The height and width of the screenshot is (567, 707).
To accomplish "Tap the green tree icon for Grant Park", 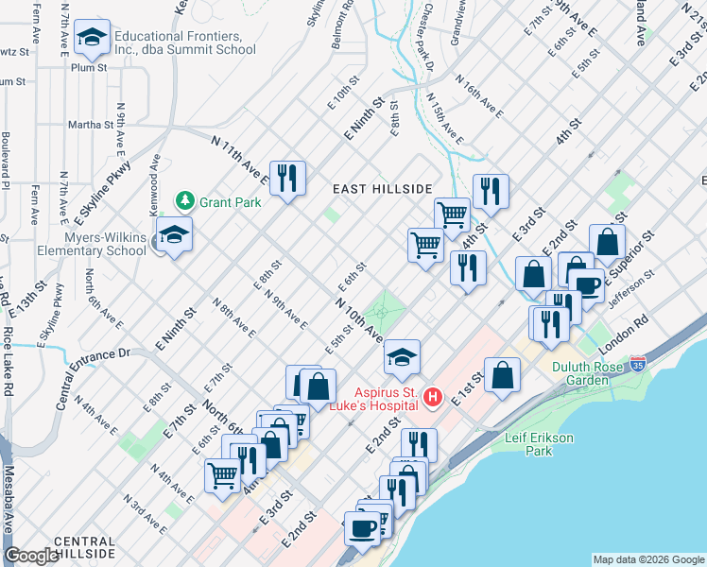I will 184,200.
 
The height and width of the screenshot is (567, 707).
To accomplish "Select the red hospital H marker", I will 433,395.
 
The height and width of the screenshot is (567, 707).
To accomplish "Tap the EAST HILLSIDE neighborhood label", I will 382,189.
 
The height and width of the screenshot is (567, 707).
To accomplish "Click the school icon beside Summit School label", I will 92,39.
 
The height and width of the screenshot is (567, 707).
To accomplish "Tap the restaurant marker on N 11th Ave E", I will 287,179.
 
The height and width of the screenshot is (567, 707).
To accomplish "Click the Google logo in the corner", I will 32,556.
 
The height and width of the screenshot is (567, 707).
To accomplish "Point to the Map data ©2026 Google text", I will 647,559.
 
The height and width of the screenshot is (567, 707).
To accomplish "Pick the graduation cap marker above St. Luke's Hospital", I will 402,358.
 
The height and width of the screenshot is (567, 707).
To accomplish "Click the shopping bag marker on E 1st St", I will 503,375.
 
